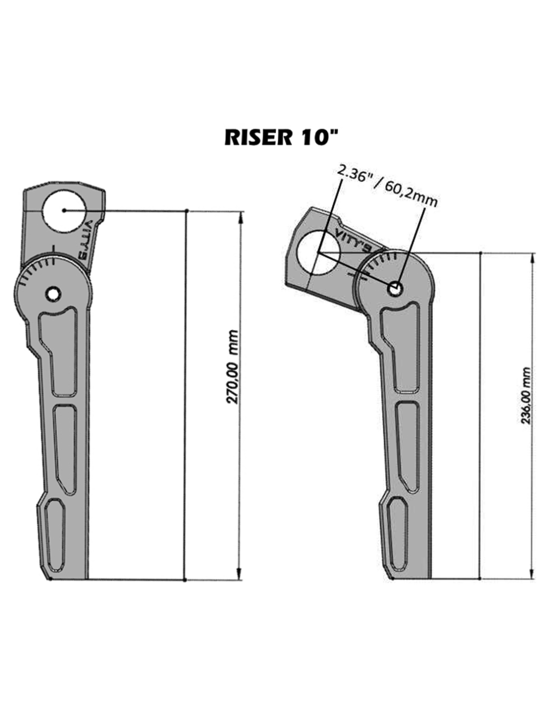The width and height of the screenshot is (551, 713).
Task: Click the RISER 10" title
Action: (x=281, y=137)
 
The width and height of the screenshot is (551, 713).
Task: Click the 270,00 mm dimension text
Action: (x=233, y=367)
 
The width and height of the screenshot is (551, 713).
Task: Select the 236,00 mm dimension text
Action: (x=525, y=396)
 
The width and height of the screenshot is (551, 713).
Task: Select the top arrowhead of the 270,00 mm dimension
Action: (x=240, y=218)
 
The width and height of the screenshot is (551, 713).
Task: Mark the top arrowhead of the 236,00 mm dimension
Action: (x=532, y=260)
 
